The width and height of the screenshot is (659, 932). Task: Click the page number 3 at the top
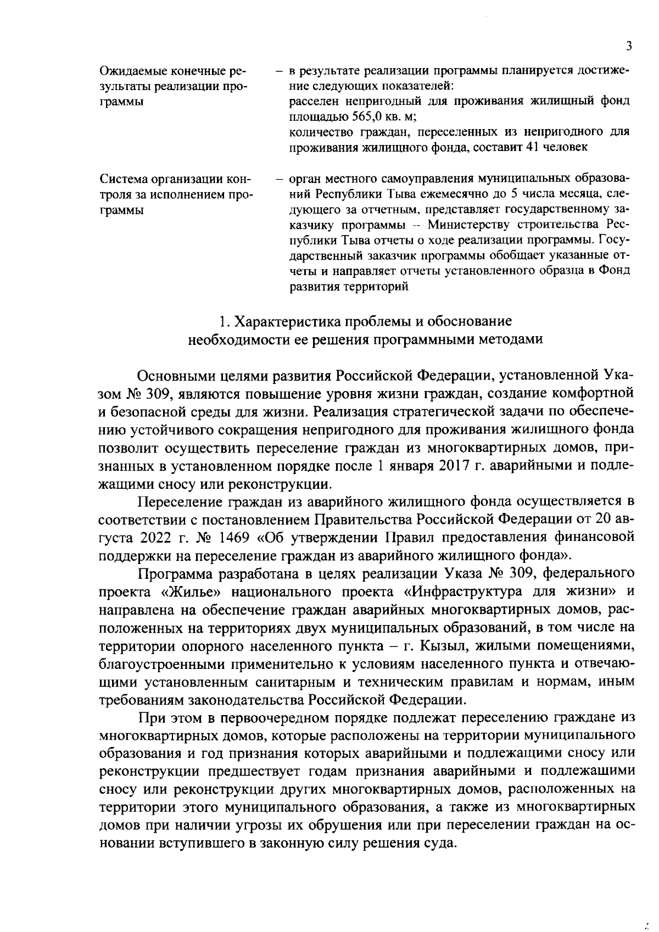coord(629,46)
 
